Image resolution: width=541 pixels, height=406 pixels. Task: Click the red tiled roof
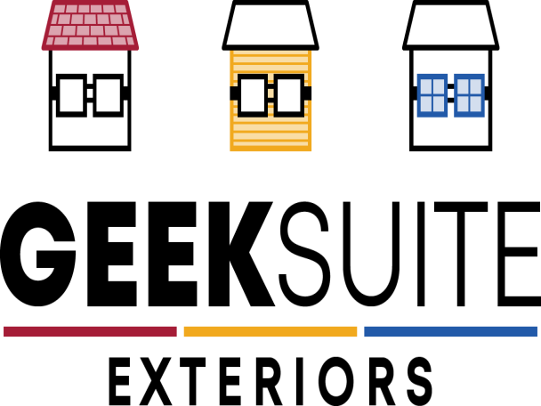click(90, 25)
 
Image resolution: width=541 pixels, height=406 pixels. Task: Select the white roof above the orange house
click(270, 25)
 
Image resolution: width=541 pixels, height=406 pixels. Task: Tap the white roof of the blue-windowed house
click(450, 25)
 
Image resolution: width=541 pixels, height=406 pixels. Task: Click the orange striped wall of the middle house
click(270, 134)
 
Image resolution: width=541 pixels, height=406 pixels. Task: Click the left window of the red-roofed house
click(71, 95)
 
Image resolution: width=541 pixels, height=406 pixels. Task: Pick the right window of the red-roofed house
click(109, 95)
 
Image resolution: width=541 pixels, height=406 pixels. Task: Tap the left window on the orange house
click(253, 95)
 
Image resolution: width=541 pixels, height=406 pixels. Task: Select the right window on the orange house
click(289, 95)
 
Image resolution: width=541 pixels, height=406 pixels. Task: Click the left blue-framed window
click(432, 95)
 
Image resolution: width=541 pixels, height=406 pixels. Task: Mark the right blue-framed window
click(469, 95)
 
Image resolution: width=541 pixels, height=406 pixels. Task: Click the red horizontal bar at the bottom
click(90, 331)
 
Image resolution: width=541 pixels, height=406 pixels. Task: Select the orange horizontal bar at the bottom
click(270, 331)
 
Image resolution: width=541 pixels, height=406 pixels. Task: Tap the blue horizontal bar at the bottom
click(450, 331)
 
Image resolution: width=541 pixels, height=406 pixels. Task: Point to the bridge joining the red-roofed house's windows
click(90, 93)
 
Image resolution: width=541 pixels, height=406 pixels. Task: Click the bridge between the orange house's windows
click(270, 93)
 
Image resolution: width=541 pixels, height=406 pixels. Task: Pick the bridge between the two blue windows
click(450, 93)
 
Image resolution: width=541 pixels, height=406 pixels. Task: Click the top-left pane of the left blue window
click(426, 87)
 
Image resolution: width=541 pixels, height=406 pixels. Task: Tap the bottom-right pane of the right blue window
click(475, 103)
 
